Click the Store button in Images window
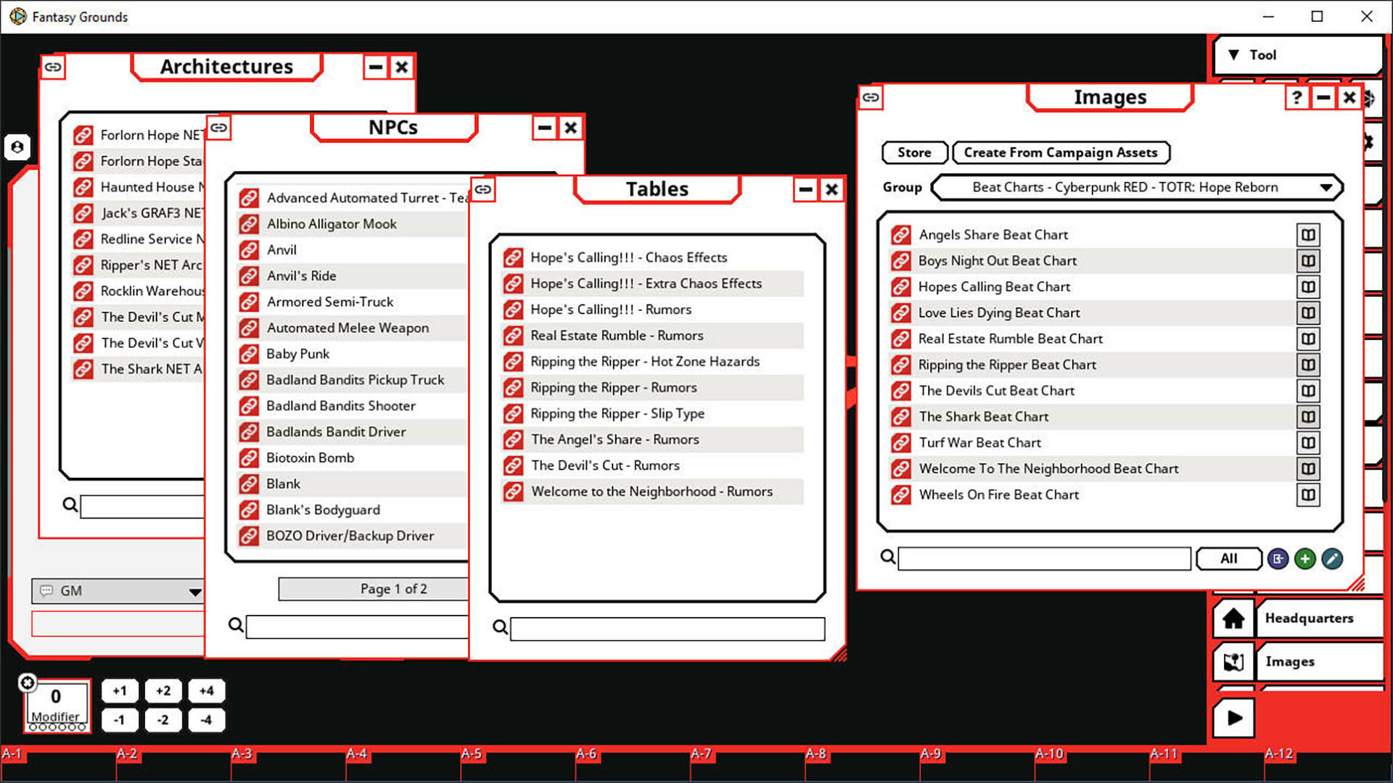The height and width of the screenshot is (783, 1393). tap(914, 152)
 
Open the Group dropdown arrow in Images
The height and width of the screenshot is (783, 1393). tap(1326, 187)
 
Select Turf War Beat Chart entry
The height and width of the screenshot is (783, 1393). tap(979, 442)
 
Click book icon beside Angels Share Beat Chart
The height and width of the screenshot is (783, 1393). tap(1307, 235)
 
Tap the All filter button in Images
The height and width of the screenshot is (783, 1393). tap(1228, 558)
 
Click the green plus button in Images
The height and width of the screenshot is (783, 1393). tap(1304, 558)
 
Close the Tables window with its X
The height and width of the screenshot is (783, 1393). tap(831, 189)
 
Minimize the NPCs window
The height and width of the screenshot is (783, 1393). tap(544, 128)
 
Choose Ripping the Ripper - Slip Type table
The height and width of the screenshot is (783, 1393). tap(617, 413)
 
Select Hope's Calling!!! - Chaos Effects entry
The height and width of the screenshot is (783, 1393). tap(628, 257)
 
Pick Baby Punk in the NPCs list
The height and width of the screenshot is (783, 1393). tap(297, 354)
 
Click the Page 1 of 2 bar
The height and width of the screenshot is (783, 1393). tap(374, 589)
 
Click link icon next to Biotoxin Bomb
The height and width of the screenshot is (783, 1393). tap(249, 458)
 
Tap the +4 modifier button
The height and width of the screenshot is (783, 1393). tap(206, 691)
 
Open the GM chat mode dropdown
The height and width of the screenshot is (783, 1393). tap(194, 592)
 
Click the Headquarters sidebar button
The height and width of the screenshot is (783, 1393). tap(1309, 618)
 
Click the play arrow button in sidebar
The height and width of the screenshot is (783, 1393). tap(1233, 718)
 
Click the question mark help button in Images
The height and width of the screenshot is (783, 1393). tap(1296, 97)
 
